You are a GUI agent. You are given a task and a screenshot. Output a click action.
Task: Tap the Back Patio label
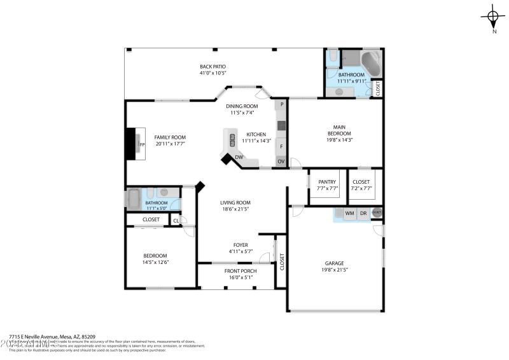tap(213, 67)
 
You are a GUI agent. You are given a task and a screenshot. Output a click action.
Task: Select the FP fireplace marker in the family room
tap(143, 144)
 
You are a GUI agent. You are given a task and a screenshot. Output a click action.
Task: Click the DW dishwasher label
tap(239, 157)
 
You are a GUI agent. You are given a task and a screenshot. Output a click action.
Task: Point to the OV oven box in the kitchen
tap(281, 162)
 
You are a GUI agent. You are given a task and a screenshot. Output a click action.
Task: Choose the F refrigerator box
tap(281, 146)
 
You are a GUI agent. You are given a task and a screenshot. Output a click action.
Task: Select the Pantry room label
tap(327, 182)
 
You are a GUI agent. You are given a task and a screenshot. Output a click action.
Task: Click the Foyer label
tap(241, 244)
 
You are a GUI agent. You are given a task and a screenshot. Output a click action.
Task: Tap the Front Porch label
tap(241, 271)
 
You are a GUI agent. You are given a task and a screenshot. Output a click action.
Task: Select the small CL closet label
tap(176, 221)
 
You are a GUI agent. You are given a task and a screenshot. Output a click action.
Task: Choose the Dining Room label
tap(242, 106)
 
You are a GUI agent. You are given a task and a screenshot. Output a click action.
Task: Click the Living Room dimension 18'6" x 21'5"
tap(235, 209)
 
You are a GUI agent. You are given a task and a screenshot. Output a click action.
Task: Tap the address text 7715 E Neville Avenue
tap(38, 336)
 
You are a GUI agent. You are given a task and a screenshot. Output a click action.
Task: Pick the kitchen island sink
tap(232, 139)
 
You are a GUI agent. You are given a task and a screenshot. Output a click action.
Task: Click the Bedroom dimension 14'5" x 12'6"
tap(155, 262)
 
